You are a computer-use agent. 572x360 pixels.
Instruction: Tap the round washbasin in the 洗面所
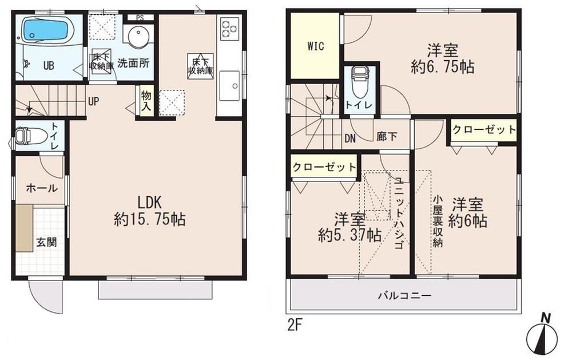(138, 38)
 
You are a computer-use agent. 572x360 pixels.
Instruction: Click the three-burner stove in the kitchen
(229, 28)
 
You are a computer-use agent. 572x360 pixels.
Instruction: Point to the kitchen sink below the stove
(232, 86)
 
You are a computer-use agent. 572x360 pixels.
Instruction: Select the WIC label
(315, 46)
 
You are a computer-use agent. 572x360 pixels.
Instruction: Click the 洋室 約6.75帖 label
(442, 58)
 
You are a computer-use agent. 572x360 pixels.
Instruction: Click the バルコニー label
(404, 296)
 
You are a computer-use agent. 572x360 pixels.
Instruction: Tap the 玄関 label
(47, 242)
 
